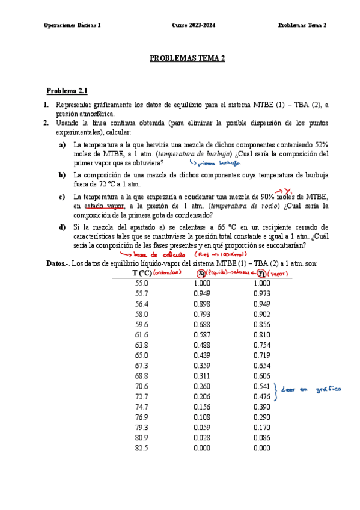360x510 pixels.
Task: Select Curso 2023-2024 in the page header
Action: click(x=192, y=25)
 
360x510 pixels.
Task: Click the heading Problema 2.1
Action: click(x=67, y=91)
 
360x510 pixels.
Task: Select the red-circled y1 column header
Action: click(x=261, y=273)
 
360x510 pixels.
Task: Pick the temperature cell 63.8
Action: click(x=142, y=345)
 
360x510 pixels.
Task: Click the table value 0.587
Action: click(x=203, y=334)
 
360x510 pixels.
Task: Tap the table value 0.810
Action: click(x=261, y=334)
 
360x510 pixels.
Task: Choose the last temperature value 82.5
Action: click(x=142, y=447)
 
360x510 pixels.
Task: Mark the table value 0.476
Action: click(x=261, y=396)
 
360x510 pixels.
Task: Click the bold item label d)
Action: click(x=62, y=227)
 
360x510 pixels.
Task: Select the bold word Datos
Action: click(x=56, y=263)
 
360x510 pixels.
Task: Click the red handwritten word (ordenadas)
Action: click(x=168, y=272)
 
